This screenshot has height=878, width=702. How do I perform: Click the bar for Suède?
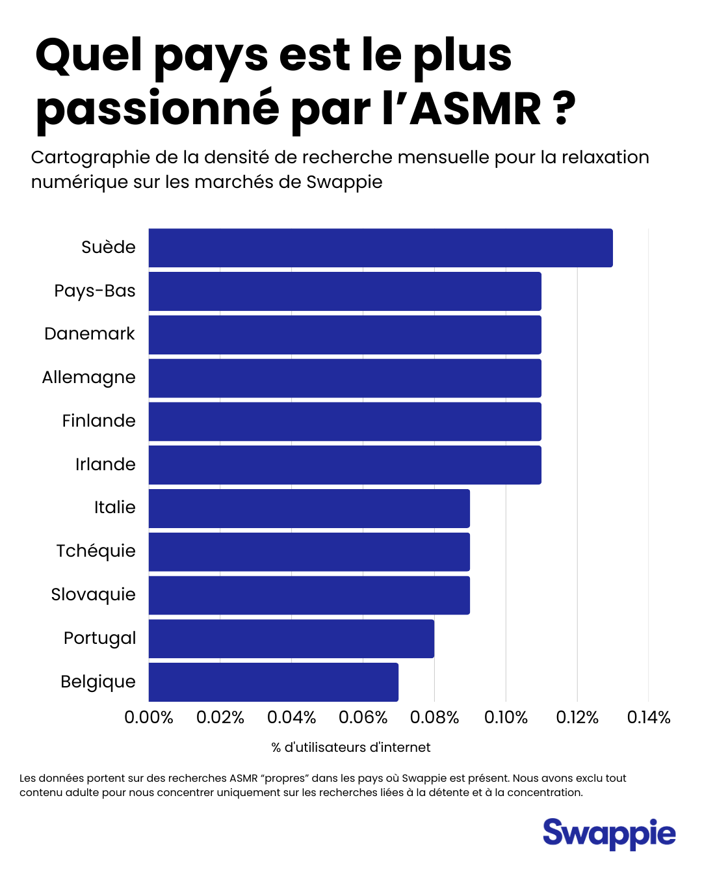tap(380, 248)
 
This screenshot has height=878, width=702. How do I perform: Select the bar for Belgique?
tap(273, 682)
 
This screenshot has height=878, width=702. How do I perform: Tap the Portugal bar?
tap(291, 639)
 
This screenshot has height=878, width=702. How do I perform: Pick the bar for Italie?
tap(309, 509)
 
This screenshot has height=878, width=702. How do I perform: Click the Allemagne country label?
tap(89, 378)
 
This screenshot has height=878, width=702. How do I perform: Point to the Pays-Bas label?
tap(95, 291)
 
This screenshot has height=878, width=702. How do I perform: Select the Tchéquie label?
tap(96, 552)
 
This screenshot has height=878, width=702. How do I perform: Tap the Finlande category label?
tap(99, 421)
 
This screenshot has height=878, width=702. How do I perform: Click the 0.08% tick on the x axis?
tap(434, 717)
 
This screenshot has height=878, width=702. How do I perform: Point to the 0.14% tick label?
tap(648, 717)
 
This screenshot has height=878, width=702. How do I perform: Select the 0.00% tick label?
tap(149, 717)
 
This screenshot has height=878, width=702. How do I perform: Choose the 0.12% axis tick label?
tap(577, 717)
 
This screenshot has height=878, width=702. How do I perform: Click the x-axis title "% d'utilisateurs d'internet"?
tap(351, 748)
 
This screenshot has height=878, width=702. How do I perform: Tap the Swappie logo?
tap(609, 834)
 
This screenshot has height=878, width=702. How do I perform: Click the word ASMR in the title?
tap(475, 109)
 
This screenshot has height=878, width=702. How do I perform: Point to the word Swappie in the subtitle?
tap(344, 182)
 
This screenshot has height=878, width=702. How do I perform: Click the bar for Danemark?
tap(344, 335)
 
